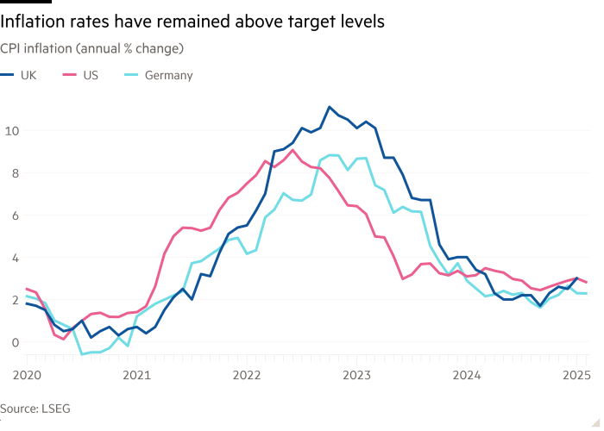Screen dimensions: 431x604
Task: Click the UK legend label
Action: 28,75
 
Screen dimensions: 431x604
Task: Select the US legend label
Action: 90,75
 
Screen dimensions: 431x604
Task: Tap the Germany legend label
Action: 168,75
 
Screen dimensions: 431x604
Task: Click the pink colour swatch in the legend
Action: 71,75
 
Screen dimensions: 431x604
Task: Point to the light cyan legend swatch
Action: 132,75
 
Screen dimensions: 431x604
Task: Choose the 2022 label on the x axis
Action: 247,375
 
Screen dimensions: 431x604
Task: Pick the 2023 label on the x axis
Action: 357,375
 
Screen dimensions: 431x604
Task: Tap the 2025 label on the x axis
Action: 577,375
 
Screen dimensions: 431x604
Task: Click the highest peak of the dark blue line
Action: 329,107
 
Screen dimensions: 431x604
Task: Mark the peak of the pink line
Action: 293,150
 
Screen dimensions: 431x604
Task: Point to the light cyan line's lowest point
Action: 84,353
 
